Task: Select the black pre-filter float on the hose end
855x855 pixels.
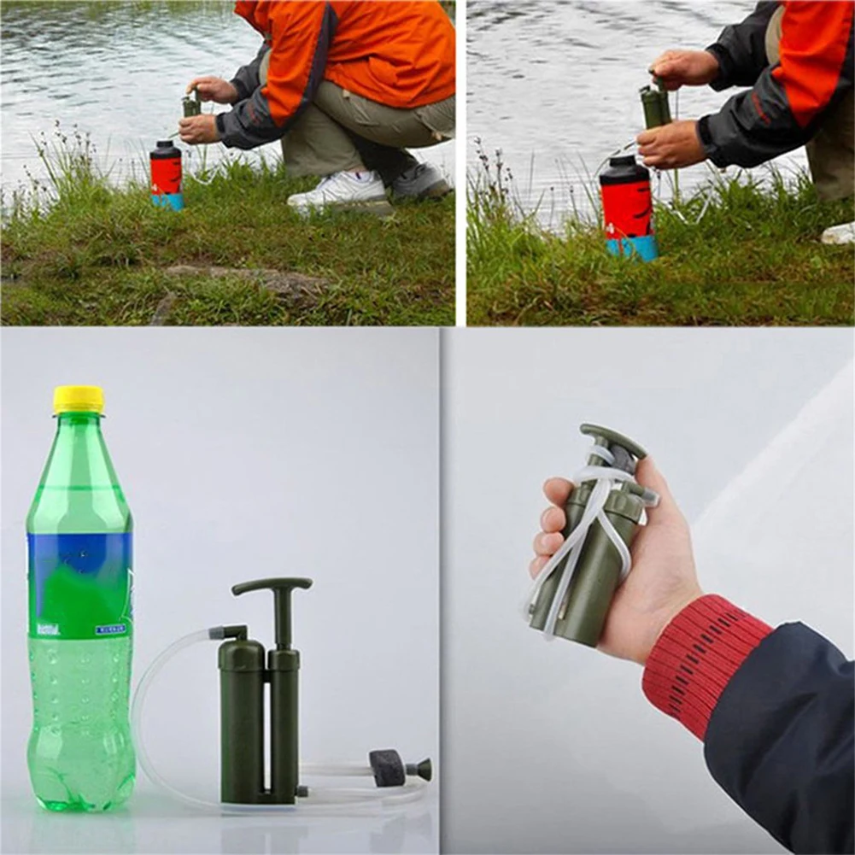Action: [388, 767]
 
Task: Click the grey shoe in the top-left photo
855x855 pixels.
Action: [419, 181]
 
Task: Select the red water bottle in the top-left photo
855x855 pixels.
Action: [166, 176]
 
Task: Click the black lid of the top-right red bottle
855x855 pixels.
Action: [624, 169]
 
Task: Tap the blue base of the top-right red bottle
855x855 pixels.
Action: [633, 248]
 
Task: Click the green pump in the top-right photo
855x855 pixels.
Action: [655, 106]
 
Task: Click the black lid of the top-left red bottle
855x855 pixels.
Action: [165, 150]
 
